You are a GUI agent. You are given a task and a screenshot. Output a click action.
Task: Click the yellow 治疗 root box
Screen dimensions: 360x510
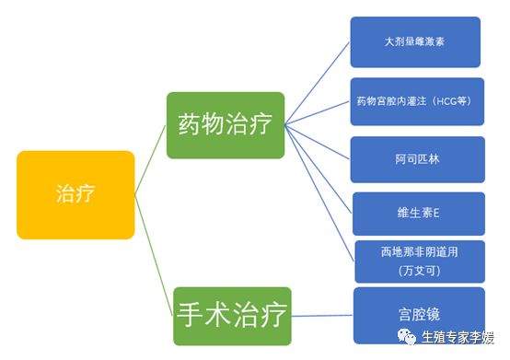[x=75, y=194]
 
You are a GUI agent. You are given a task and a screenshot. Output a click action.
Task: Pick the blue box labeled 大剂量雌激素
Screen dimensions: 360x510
[x=415, y=42]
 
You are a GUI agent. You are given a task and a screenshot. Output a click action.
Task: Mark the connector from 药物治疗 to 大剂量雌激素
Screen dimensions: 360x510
[x=318, y=84]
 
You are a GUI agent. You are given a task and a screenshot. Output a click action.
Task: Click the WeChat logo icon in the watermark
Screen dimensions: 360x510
[x=405, y=338]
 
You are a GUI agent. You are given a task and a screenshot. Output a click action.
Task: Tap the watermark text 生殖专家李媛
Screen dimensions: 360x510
[x=458, y=338]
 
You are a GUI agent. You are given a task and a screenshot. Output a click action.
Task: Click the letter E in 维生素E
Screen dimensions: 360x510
[x=437, y=213]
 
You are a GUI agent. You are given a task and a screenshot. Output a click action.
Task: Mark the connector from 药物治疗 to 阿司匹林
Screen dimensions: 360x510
[x=318, y=143]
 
